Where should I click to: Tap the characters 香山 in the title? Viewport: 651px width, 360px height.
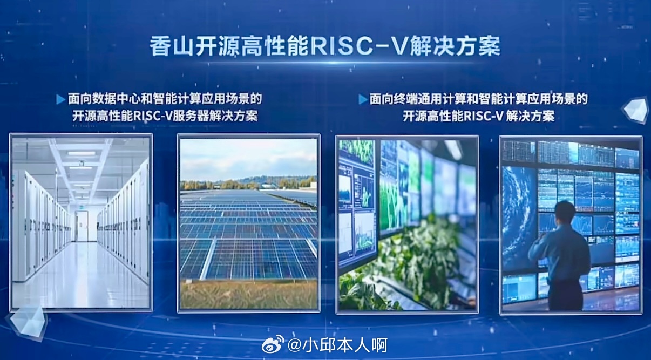(172, 46)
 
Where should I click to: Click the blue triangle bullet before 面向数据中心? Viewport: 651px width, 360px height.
(61, 99)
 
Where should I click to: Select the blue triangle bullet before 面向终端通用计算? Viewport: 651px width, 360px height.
(363, 99)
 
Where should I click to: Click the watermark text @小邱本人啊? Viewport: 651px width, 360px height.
(338, 345)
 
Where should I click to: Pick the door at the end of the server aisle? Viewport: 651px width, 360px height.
(82, 226)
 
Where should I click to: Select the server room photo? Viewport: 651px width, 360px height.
(81, 222)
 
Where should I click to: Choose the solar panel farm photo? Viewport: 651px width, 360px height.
(248, 223)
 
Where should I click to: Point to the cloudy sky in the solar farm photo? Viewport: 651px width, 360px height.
(248, 159)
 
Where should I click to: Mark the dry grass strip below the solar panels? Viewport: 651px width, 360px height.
(248, 294)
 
